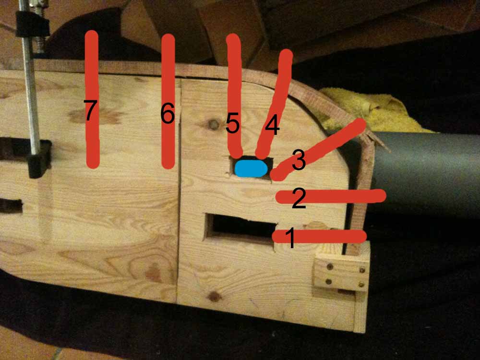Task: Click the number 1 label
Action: point(290,238)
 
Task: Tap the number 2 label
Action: point(299,198)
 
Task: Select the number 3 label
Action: point(299,159)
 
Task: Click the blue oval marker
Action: point(251,168)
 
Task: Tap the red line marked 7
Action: point(92,99)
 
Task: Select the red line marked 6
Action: point(168,101)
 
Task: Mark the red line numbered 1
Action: point(319,236)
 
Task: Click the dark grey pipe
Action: point(425,171)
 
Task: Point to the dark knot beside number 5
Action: point(214,124)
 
